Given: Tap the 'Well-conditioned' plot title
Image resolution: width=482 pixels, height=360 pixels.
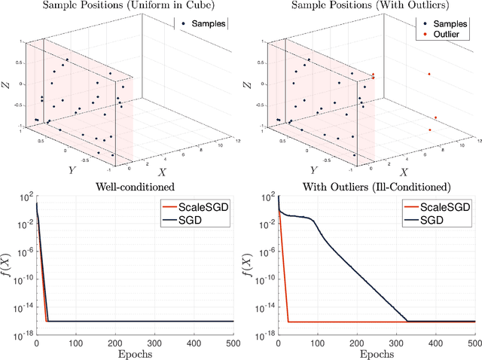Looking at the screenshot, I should pos(136,187).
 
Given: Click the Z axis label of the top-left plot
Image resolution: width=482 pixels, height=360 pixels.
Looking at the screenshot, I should pos(8,87).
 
